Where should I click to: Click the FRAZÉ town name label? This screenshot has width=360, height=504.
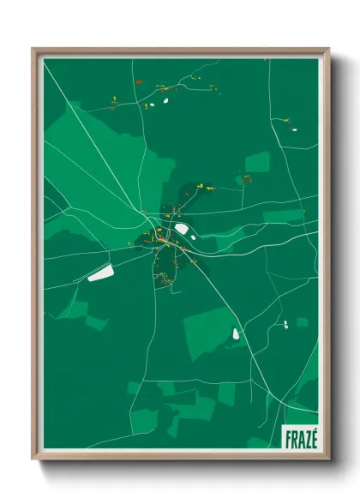click(300, 438)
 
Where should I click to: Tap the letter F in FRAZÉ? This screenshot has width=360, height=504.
click(287, 438)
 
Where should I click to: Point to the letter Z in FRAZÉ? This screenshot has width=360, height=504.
click(306, 438)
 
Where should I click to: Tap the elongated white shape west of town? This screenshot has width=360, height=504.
click(100, 273)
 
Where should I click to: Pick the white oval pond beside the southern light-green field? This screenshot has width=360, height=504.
click(237, 333)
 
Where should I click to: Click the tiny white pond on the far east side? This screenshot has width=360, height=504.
click(285, 324)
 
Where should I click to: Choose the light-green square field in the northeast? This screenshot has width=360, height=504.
click(257, 162)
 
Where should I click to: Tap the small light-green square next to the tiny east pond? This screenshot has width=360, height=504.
click(302, 322)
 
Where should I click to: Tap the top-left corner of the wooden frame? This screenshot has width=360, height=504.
click(33, 49)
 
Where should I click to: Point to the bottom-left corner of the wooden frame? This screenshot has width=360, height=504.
click(33, 459)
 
